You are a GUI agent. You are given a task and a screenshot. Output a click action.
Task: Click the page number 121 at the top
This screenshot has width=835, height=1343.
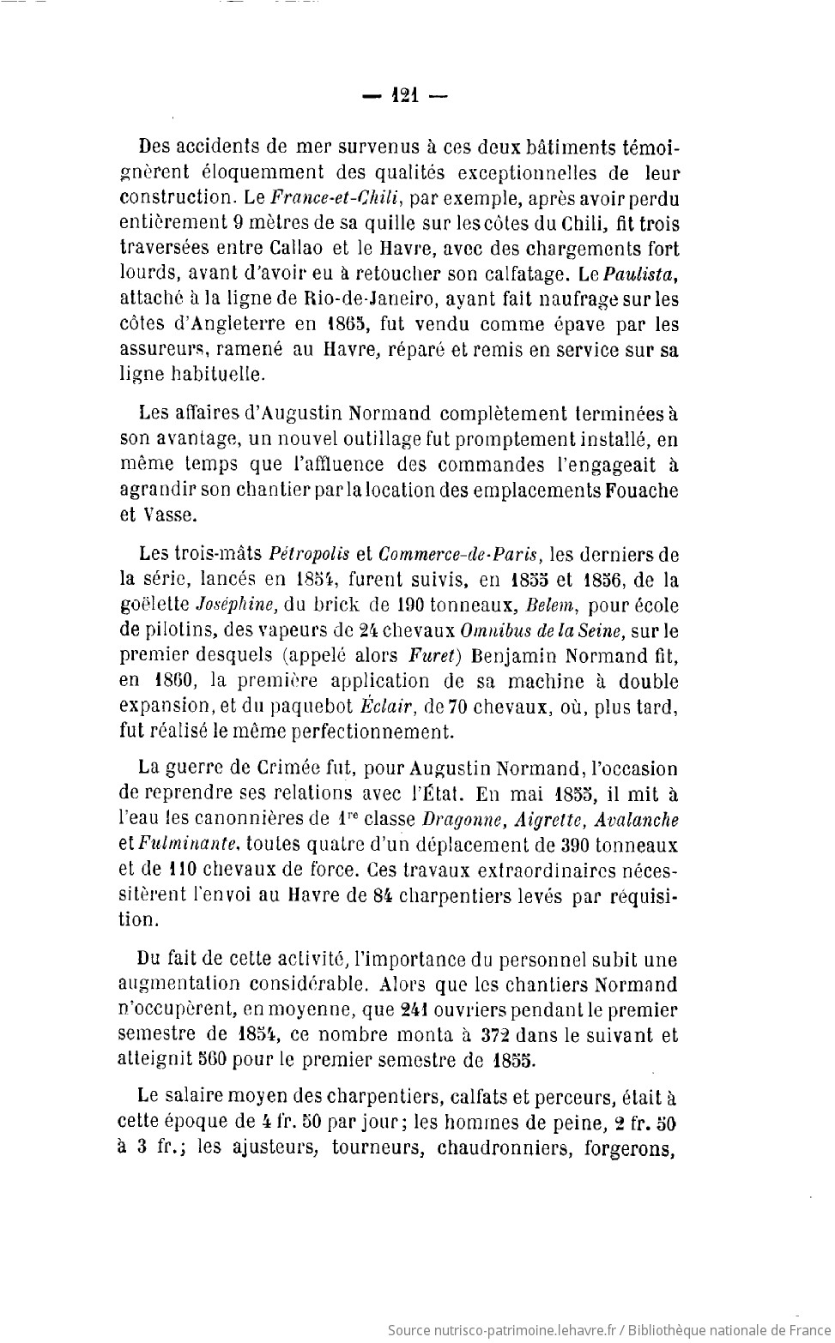404,96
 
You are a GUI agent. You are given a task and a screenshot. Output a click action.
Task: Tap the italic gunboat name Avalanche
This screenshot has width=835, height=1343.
638,820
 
